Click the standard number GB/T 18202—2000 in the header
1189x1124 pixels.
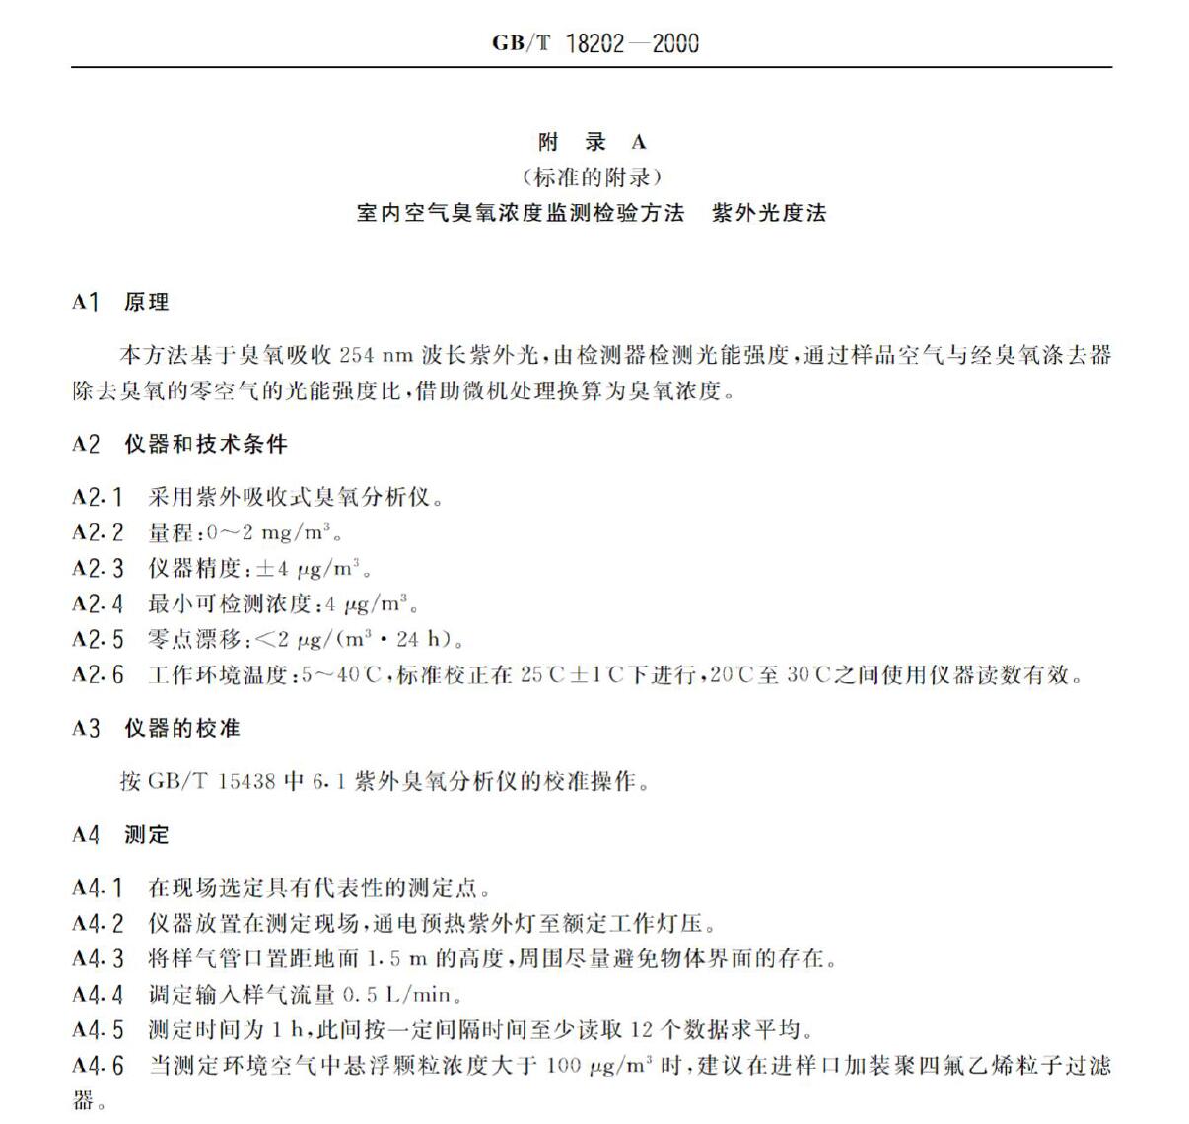tap(594, 43)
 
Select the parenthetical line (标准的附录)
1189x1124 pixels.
tap(593, 177)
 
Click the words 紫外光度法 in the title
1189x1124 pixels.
tap(769, 213)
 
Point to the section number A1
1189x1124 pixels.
tap(86, 302)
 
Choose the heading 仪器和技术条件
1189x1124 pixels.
tap(206, 445)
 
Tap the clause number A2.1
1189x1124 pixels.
tap(98, 497)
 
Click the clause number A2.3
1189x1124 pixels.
tap(98, 569)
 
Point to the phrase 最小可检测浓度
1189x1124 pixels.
tap(230, 604)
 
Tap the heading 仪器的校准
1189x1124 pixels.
tap(182, 729)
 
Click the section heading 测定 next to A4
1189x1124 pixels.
tap(147, 835)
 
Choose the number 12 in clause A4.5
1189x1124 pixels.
tap(642, 1030)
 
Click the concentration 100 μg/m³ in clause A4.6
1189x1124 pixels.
tap(598, 1066)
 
